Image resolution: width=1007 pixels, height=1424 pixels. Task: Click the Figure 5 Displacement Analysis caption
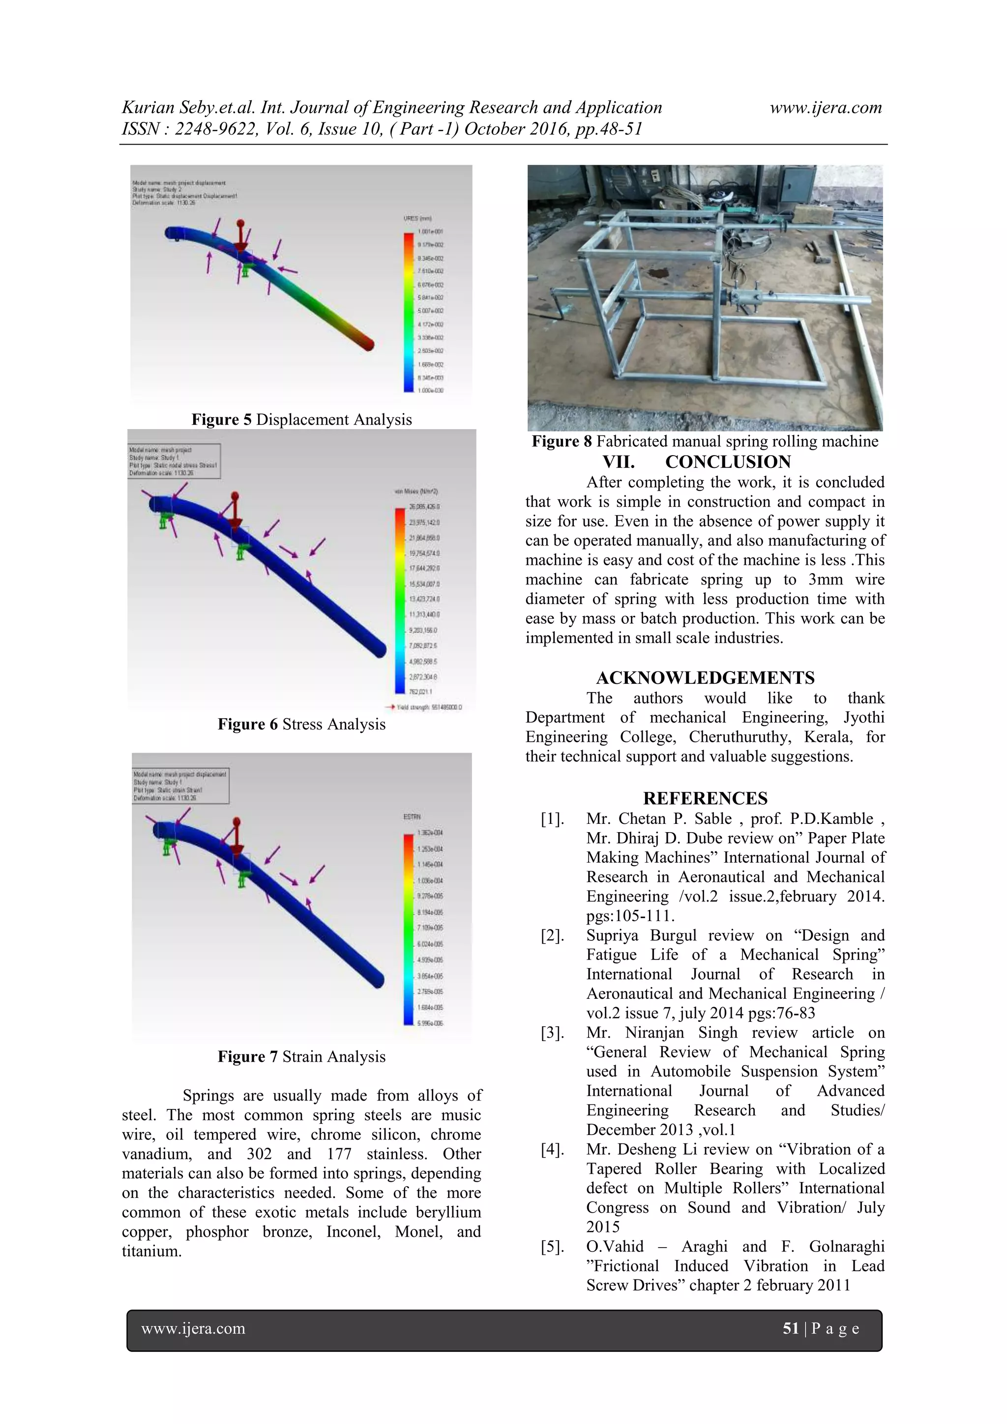[x=301, y=420]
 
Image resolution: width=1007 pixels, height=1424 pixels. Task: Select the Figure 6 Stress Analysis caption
[x=301, y=725]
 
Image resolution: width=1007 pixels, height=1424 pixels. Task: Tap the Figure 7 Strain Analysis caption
[x=301, y=1057]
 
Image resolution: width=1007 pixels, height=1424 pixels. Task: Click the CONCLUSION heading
[x=727, y=462]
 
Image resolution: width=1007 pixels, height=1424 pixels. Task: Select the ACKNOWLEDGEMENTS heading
[x=706, y=678]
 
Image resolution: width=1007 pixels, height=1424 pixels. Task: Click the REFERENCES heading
[x=706, y=798]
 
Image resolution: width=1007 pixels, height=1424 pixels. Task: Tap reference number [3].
[x=552, y=1033]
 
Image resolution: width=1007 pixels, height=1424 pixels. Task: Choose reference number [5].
[x=552, y=1247]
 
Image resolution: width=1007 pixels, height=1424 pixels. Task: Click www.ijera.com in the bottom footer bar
[x=194, y=1329]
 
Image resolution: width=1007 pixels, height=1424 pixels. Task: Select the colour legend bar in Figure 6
[x=400, y=600]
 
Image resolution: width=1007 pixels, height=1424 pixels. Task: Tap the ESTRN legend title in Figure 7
[x=412, y=817]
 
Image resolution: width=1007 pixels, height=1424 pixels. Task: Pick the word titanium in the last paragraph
[x=151, y=1251]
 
